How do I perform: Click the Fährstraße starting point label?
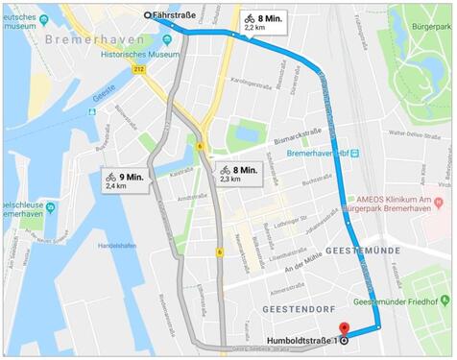[x=179, y=14]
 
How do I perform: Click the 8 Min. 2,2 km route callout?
[x=263, y=22]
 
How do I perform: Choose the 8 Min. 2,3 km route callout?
[x=237, y=174]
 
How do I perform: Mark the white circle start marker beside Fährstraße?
[x=147, y=14]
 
